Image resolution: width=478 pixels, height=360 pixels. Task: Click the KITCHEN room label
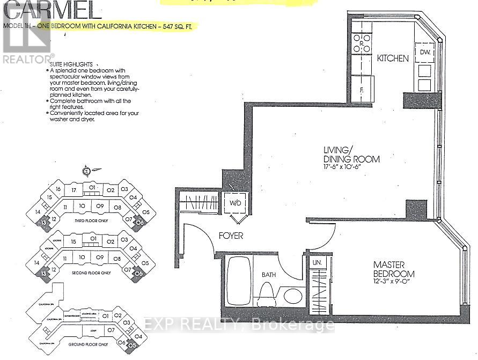(393, 58)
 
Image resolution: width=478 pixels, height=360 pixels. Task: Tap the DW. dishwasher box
(425, 53)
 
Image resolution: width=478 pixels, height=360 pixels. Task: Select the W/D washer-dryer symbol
(234, 203)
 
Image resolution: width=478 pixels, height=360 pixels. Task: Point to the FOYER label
(231, 236)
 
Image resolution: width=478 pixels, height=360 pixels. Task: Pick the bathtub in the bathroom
(236, 282)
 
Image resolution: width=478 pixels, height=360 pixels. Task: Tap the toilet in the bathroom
(267, 292)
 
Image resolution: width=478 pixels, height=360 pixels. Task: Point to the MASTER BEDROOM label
(394, 269)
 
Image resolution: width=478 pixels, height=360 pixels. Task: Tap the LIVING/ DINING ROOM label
(351, 155)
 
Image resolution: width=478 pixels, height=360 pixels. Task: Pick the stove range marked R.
(362, 42)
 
